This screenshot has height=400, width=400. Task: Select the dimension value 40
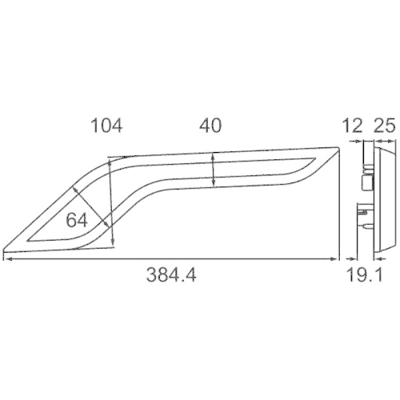pos(210,125)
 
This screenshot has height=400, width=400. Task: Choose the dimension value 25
pos(384,125)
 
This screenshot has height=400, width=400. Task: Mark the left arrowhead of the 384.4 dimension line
pos(7,258)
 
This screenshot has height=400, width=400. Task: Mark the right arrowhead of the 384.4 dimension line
pos(335,258)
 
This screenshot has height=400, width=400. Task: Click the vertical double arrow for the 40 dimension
pos(213,170)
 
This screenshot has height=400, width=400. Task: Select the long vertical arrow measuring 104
pos(111,200)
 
